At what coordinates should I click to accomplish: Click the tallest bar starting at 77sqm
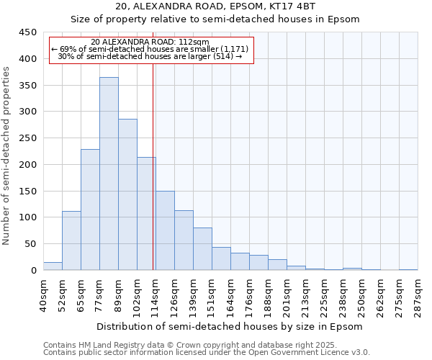(109, 174)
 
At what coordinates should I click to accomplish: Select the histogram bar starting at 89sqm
(127, 194)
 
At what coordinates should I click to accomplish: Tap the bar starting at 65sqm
(90, 210)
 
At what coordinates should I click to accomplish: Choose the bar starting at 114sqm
(165, 230)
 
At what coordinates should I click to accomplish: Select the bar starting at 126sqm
(184, 240)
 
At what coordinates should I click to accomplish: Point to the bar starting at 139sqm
(202, 249)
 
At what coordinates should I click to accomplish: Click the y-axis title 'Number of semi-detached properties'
(7, 156)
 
